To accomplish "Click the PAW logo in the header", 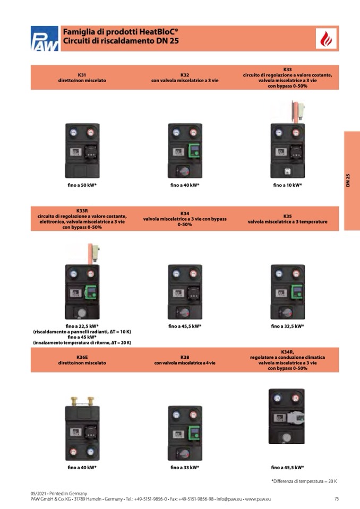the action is [x=45, y=39].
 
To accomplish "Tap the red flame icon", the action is [x=326, y=39].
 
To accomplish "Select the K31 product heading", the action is [x=82, y=75].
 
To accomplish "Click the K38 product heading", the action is [x=185, y=357].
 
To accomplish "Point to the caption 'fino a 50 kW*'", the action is [x=82, y=185].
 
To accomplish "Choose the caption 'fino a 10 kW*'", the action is [x=288, y=185].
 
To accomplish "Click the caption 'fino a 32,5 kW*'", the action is [x=288, y=326].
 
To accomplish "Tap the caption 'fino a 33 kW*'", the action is [x=185, y=468].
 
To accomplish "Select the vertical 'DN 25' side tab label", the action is [x=348, y=180].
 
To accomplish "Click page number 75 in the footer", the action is [x=336, y=499].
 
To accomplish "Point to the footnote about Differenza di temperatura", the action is [x=304, y=481].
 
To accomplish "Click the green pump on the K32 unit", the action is [x=194, y=151].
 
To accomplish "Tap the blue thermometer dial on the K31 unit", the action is [x=74, y=133].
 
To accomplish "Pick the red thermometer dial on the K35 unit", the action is [x=296, y=274].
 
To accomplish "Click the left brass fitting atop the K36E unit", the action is [x=74, y=401].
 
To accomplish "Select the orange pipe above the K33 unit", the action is [x=295, y=112].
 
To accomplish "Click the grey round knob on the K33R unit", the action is [x=82, y=313].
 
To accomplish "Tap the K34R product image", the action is [x=287, y=416].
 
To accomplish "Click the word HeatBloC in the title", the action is [x=159, y=32].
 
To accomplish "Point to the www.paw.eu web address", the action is [x=258, y=499].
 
